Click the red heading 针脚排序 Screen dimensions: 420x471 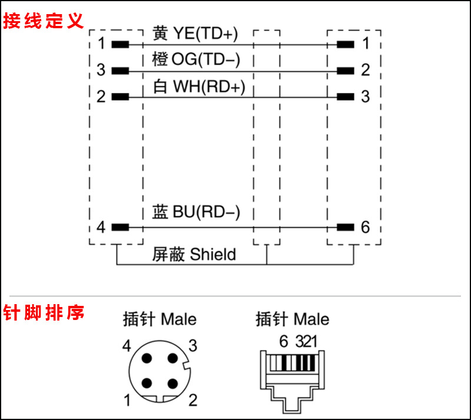(x=43, y=312)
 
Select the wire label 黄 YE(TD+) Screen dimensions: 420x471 (x=195, y=34)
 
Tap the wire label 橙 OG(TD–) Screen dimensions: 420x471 (x=195, y=59)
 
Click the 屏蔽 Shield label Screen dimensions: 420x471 (x=194, y=254)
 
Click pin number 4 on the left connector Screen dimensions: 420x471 (x=101, y=227)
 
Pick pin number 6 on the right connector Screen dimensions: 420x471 (x=366, y=227)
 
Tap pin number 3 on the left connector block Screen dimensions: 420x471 (x=101, y=70)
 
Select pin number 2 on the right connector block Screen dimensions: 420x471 (x=366, y=70)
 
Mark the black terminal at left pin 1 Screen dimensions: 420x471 (x=120, y=44)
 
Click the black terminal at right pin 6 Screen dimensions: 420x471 (x=346, y=227)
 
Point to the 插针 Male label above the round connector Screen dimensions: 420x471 (x=160, y=319)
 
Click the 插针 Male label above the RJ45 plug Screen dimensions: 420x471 (x=292, y=319)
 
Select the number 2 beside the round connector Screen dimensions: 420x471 (x=192, y=401)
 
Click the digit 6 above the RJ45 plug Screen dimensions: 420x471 (x=283, y=341)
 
